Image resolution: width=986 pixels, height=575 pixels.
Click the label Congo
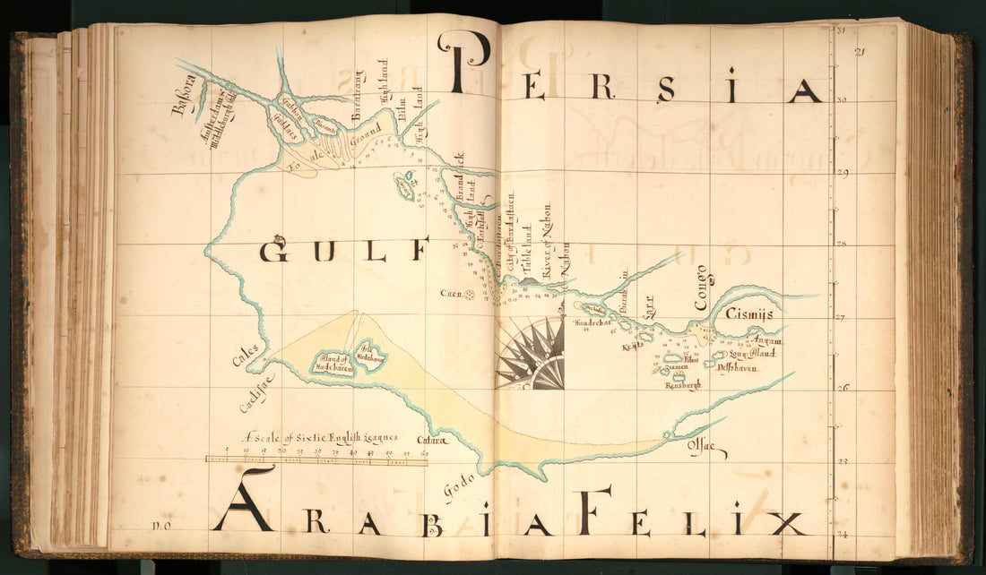point(701,287)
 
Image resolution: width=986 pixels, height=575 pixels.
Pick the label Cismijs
point(749,315)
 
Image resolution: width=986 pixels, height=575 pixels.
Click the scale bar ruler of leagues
point(316,459)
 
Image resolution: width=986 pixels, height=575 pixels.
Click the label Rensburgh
point(682,385)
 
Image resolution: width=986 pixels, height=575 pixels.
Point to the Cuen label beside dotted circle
point(450,293)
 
